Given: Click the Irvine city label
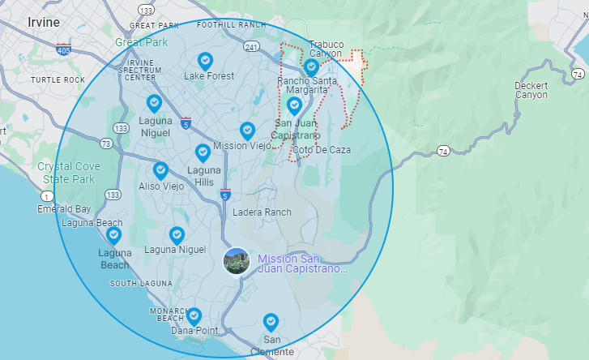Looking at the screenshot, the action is (44, 22).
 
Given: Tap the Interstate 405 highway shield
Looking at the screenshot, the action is (63, 50).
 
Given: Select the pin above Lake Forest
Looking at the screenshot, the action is (206, 61).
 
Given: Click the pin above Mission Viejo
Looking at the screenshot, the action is (247, 131).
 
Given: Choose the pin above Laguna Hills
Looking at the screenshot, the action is (203, 152).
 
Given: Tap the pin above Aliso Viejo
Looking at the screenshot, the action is (160, 170).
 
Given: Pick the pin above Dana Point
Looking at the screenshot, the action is (194, 315).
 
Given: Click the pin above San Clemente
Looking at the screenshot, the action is (271, 322).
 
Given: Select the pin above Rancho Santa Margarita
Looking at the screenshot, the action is (311, 66).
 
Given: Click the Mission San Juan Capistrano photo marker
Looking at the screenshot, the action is (236, 260).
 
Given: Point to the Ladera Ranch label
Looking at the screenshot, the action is (261, 212).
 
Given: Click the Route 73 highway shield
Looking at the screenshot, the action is (106, 144).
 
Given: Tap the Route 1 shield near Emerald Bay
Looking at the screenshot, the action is (48, 196).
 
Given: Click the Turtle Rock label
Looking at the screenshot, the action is (58, 79).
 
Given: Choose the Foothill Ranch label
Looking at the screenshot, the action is (231, 25).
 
